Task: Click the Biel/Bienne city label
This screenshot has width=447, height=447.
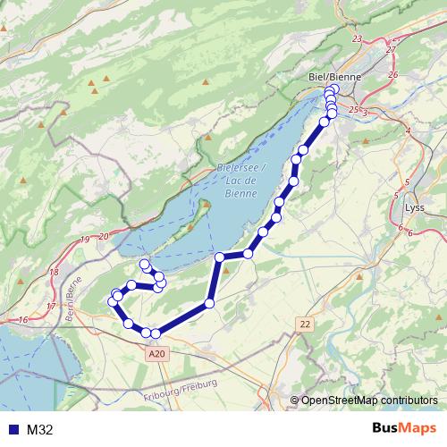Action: [x=333, y=77]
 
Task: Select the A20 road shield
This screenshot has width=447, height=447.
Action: [x=156, y=353]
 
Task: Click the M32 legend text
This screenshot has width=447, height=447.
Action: [x=40, y=429]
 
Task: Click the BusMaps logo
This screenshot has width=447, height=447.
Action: [x=403, y=428]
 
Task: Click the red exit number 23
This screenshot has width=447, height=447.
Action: [x=358, y=39]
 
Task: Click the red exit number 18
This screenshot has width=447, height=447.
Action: [x=55, y=272]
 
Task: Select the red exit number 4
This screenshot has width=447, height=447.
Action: [x=408, y=131]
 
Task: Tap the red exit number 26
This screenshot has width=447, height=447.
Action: [x=393, y=75]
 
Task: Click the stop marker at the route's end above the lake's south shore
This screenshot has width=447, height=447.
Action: [x=144, y=264]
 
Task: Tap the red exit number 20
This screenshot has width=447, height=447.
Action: [x=104, y=235]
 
